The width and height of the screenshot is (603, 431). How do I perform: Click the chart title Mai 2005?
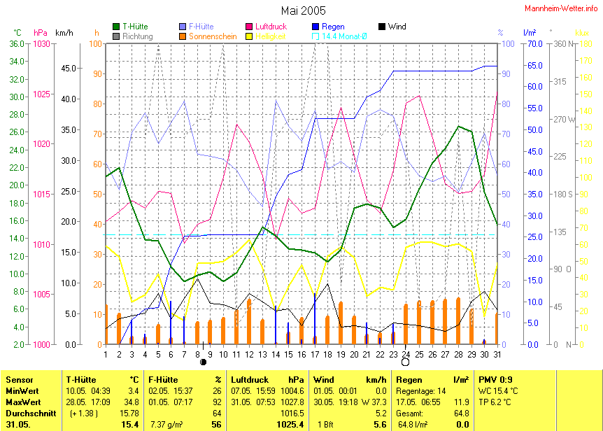[304, 10]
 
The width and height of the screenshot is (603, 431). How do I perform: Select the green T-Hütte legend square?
[116, 27]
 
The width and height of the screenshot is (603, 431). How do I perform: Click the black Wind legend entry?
[382, 27]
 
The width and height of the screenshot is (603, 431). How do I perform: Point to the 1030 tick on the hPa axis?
[42, 43]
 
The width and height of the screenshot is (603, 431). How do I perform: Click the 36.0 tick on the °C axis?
[17, 43]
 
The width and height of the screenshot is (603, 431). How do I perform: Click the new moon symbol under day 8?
[203, 362]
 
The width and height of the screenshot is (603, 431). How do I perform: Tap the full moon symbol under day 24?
[405, 362]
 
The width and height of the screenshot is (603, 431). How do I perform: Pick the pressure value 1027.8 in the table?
[292, 402]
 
